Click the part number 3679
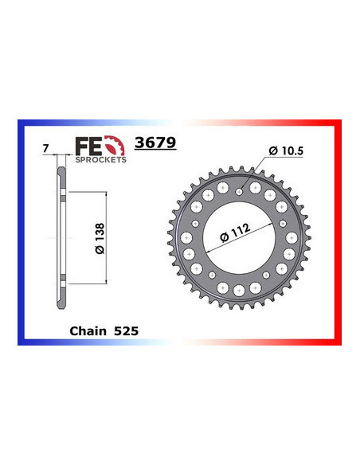click(x=157, y=143)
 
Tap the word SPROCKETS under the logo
click(x=100, y=159)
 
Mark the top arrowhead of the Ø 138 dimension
click(x=107, y=195)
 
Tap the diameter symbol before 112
click(x=217, y=243)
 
